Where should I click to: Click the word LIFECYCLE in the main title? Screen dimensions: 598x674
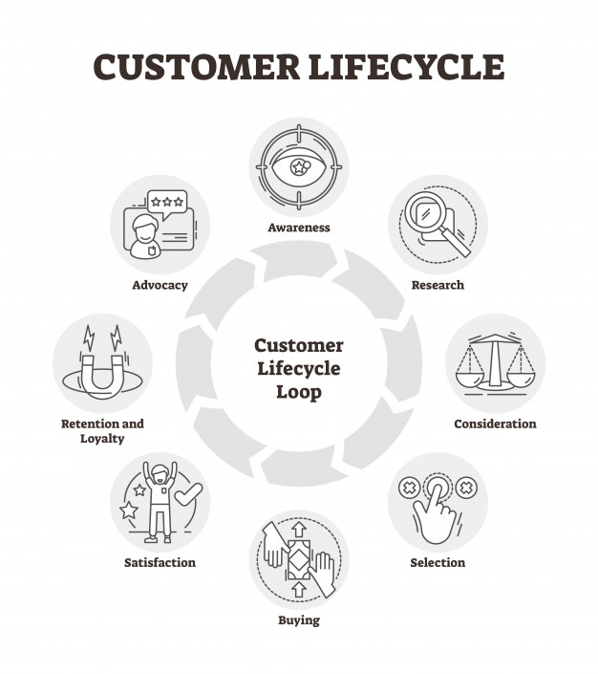click(406, 67)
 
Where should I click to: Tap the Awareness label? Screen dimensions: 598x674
click(299, 228)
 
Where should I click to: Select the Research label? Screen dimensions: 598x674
click(438, 285)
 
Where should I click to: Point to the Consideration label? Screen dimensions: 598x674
click(496, 424)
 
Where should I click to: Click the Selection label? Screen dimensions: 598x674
click(438, 563)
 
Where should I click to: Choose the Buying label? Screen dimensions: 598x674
click(299, 620)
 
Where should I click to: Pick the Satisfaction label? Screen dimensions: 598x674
click(160, 563)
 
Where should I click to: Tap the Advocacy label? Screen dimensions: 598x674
click(160, 285)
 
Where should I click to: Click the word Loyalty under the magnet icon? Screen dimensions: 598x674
click(102, 439)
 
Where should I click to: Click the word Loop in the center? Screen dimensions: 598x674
click(299, 392)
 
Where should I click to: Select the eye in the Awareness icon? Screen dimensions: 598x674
click(299, 167)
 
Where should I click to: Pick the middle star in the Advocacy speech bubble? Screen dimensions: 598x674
click(167, 202)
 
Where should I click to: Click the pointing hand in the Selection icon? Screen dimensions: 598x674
click(434, 513)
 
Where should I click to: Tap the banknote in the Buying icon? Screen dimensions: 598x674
click(299, 559)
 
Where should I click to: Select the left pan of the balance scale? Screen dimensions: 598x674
click(469, 379)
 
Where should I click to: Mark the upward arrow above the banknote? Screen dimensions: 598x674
click(299, 529)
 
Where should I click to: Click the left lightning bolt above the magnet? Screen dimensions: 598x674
click(89, 337)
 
